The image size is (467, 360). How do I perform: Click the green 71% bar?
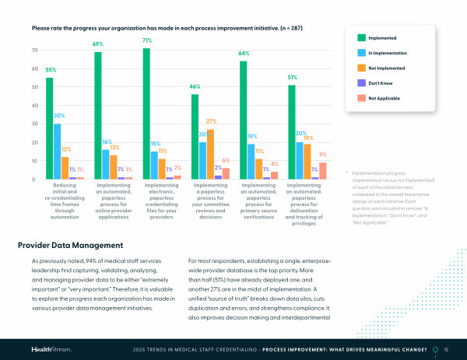coord(146,114)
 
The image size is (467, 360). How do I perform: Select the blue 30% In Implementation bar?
coord(58,152)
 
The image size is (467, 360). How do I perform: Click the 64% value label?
coord(244,54)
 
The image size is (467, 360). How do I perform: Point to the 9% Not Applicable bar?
coord(323,171)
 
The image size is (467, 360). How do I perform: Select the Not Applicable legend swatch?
coord(361,97)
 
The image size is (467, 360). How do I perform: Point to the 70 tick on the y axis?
coord(34,51)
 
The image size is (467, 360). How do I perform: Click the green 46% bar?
coord(195,137)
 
